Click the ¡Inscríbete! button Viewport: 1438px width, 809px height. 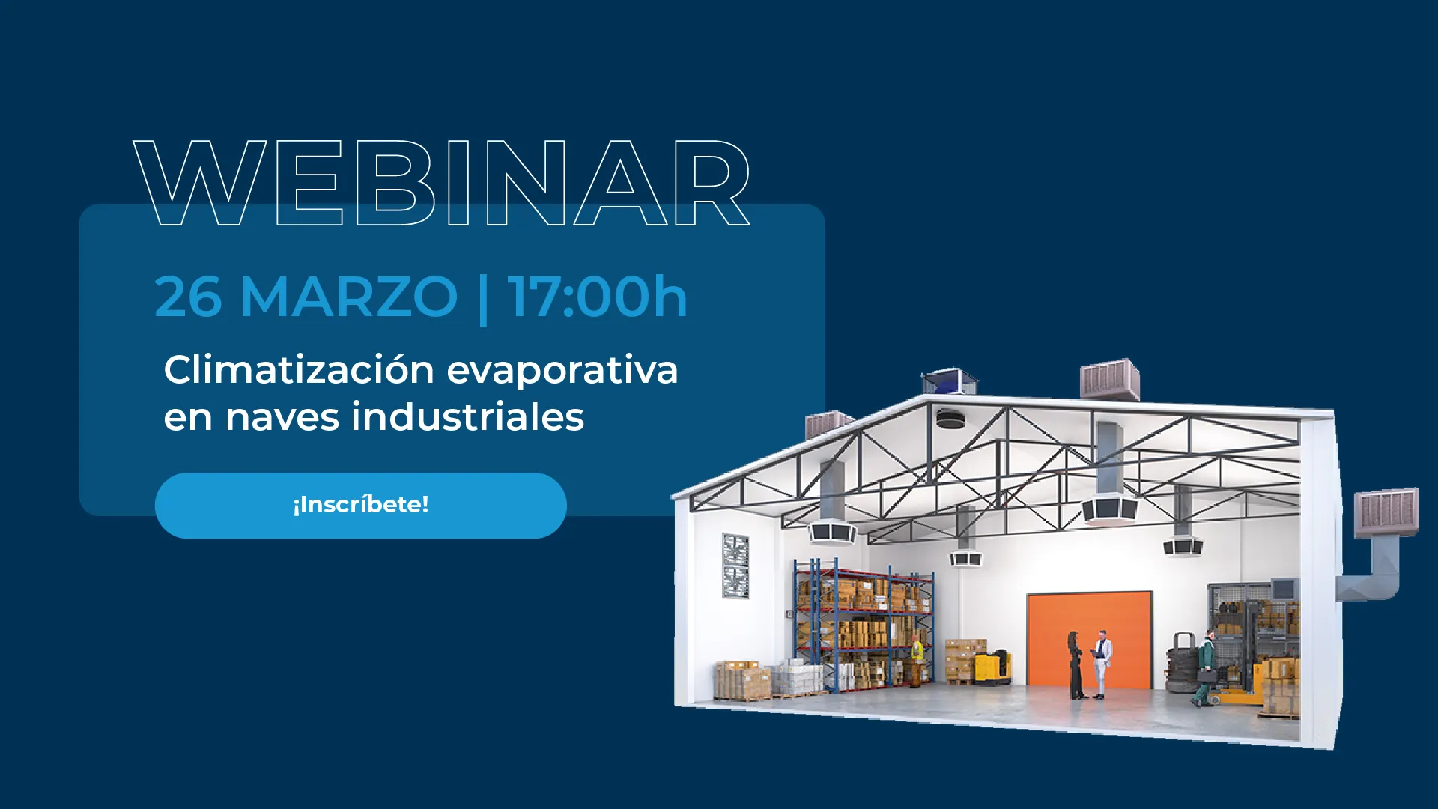(360, 505)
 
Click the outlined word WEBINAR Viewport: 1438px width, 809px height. (442, 183)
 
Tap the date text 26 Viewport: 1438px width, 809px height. (188, 297)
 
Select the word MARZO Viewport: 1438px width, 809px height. (349, 297)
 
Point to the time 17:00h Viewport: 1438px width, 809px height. (597, 297)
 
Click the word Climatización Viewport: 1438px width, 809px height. (299, 369)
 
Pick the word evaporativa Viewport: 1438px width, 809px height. (562, 371)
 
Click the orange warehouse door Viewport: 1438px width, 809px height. (1089, 639)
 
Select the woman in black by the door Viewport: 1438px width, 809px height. (1076, 665)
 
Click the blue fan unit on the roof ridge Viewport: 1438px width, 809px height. (950, 381)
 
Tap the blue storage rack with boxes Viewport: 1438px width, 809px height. (864, 625)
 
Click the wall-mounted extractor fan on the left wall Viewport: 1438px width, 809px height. (735, 566)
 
